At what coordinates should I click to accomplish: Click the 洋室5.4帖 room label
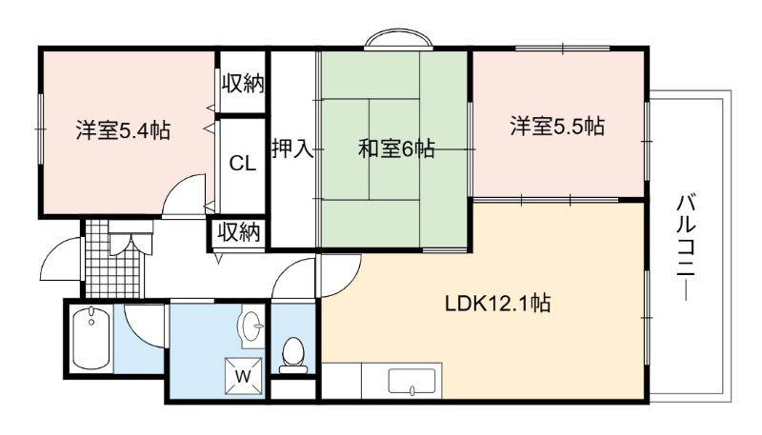pos(123,130)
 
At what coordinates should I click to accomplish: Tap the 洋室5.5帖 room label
pos(557,126)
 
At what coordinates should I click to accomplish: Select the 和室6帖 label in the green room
pos(396,148)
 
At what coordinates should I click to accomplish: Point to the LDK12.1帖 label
pos(498,303)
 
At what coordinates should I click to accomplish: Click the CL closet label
pos(243,164)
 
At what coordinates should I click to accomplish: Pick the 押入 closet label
pos(292,148)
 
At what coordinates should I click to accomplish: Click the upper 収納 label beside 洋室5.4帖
pos(243,84)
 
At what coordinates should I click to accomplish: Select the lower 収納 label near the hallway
pos(238,232)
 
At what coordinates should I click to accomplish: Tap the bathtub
pos(90,339)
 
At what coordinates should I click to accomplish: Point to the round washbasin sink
pos(252,325)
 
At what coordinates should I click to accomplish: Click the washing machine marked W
pos(244,376)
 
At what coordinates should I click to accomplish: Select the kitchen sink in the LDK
pos(411,381)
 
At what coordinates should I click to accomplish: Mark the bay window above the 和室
pos(398,39)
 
